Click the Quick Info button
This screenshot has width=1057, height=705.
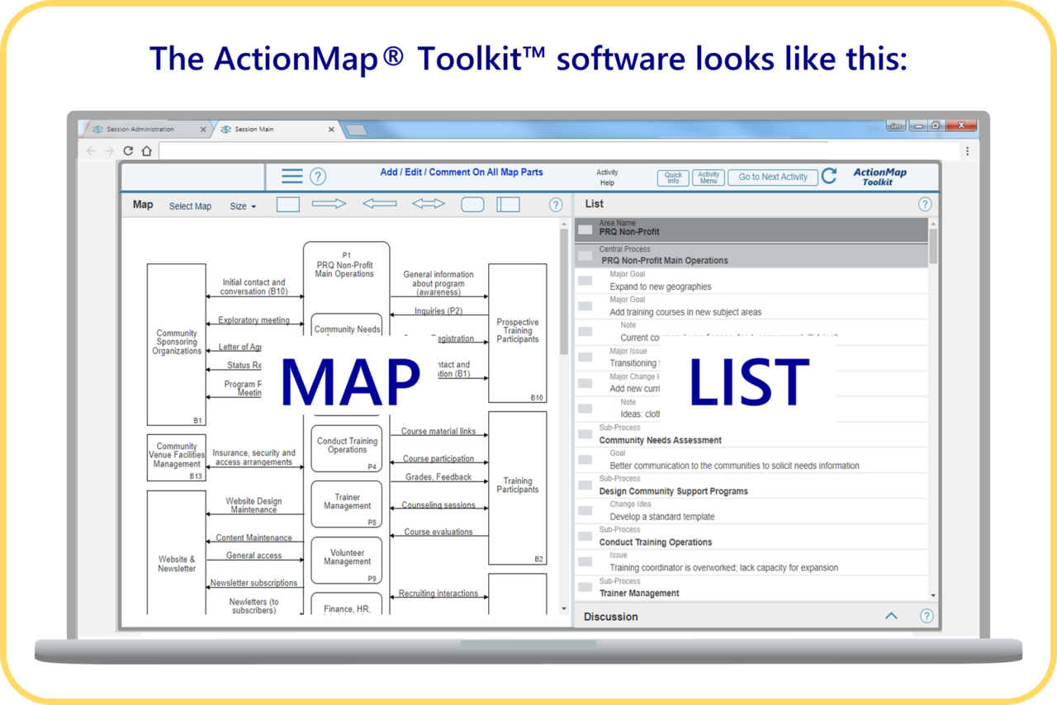[x=674, y=177]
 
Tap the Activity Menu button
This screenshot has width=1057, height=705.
[x=709, y=177]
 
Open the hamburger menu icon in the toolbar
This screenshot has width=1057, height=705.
[x=292, y=176]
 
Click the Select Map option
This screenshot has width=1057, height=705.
[x=190, y=206]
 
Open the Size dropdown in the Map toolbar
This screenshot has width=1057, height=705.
[x=243, y=206]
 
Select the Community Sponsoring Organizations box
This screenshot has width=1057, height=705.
[x=177, y=343]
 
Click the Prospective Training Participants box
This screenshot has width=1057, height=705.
[x=518, y=331]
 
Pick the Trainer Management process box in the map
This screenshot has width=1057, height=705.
[x=347, y=502]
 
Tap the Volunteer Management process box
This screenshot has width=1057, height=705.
[x=347, y=557]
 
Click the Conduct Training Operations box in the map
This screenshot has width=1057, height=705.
[x=347, y=446]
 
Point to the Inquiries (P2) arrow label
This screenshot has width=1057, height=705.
[x=438, y=311]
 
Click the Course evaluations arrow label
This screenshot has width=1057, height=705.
[x=438, y=532]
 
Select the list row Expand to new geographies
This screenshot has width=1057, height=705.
[x=661, y=286]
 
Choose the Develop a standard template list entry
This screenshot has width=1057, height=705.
[x=662, y=517]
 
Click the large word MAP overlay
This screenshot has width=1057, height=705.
[x=350, y=382]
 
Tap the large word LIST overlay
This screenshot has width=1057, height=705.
[x=748, y=382]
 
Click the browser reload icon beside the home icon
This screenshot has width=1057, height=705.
[x=128, y=151]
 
